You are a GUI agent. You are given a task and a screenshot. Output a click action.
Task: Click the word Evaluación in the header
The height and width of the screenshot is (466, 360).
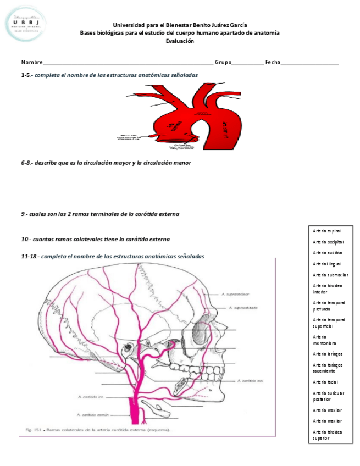coord(180,41)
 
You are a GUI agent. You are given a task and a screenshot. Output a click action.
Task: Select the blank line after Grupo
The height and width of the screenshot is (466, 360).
coord(247,64)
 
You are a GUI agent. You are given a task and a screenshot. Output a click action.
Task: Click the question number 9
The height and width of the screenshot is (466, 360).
coord(24,214)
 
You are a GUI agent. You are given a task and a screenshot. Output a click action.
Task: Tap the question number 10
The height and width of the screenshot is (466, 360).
coord(25,240)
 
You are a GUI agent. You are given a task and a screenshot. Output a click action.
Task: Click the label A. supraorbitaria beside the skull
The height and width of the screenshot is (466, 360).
coord(242,308)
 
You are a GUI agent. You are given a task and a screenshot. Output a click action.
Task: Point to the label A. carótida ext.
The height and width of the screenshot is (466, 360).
coord(251,380)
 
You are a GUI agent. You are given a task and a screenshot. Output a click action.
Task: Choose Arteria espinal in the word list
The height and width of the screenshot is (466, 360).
coord(326,231)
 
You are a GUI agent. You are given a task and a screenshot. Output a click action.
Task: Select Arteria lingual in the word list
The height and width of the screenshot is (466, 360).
coord(326,264)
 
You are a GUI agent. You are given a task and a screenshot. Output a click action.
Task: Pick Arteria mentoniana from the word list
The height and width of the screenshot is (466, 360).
coord(324,340)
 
